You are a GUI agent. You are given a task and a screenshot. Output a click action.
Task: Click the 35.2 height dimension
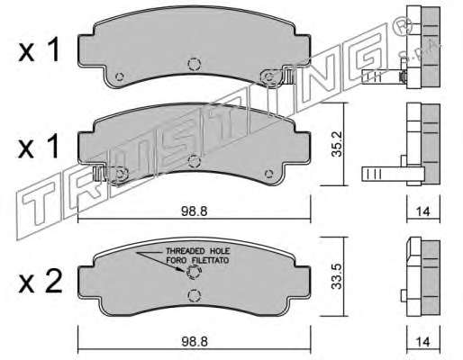point(337,146)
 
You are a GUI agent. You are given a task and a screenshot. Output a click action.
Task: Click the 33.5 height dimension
point(337,276)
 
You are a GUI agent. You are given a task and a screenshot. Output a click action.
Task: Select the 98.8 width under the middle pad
point(195,211)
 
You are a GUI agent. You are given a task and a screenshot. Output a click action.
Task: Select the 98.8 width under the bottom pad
point(195,342)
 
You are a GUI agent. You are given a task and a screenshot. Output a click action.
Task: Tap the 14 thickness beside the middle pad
point(423,211)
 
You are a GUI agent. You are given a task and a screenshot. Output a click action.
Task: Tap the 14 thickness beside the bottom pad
point(423,342)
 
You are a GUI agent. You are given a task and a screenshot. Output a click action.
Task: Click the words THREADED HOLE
point(198,251)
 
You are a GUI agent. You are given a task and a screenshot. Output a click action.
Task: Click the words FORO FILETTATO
point(197,260)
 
